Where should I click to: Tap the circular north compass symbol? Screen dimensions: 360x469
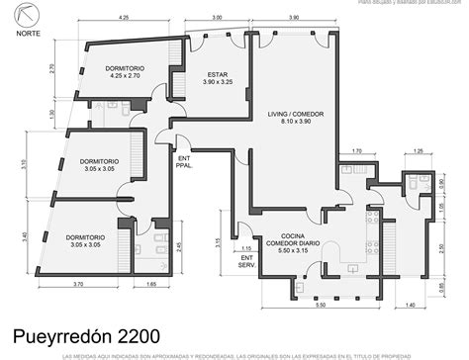(22, 15)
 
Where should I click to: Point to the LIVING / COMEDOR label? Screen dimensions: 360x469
(294, 119)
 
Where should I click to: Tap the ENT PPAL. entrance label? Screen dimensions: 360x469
(184, 161)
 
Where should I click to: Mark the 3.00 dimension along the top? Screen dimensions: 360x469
(217, 18)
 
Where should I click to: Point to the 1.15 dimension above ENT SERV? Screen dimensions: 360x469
(245, 248)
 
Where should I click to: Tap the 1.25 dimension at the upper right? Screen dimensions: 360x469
(419, 151)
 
